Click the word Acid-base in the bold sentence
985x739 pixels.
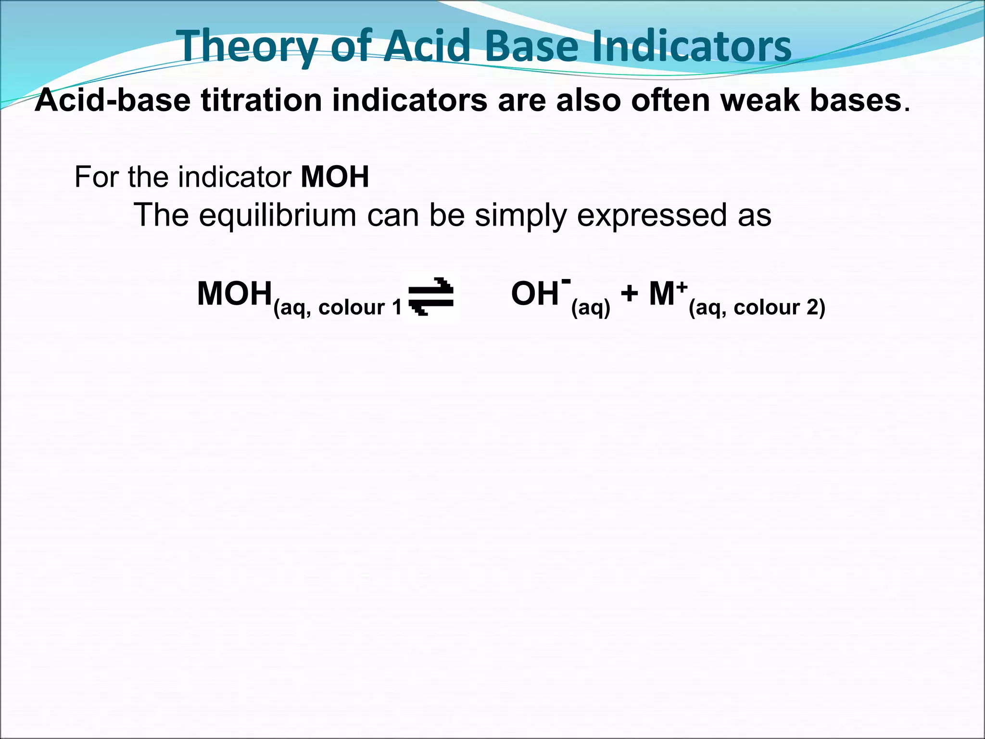(113, 101)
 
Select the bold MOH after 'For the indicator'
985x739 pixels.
(335, 177)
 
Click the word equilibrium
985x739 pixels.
(278, 215)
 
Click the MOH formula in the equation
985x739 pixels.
(234, 294)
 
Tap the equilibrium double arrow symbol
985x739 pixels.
(431, 296)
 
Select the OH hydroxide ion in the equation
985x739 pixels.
(535, 294)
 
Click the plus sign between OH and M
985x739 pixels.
(629, 294)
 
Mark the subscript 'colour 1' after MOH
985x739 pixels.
(359, 307)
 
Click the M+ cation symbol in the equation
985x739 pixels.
(666, 293)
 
